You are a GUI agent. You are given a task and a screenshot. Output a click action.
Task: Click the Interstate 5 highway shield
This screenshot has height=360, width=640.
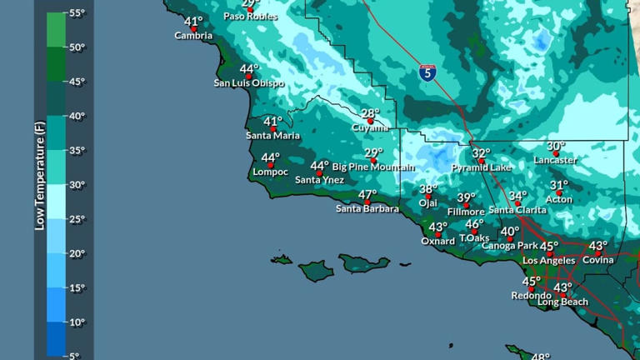[x=427, y=72]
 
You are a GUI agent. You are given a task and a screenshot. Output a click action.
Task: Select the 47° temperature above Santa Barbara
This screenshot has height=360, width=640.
[x=367, y=195]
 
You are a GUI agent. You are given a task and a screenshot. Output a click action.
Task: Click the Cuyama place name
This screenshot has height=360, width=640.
[x=370, y=127]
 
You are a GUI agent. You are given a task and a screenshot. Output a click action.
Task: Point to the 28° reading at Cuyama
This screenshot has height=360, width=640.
[x=370, y=113]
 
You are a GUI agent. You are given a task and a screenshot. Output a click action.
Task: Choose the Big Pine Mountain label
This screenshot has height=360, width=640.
[x=373, y=167]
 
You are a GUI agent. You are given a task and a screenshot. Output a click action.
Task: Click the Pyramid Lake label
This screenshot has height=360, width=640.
[x=482, y=167]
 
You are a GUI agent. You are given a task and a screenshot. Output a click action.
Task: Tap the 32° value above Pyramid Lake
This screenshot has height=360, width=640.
[x=481, y=153]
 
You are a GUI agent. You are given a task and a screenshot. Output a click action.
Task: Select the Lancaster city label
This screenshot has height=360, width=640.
[x=555, y=160]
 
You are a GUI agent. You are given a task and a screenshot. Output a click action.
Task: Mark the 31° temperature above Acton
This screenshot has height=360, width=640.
[x=558, y=185]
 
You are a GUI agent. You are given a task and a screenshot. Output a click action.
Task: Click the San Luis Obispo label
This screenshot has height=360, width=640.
[x=249, y=83]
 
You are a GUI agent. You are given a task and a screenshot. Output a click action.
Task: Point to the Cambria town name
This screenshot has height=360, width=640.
[x=193, y=36]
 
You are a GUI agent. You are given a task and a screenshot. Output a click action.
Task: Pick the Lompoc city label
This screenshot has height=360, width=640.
[x=270, y=172]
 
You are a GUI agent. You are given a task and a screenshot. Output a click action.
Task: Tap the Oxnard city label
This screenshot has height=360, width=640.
[x=437, y=242]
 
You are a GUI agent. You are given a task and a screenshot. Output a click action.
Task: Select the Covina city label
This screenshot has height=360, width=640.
[x=597, y=260]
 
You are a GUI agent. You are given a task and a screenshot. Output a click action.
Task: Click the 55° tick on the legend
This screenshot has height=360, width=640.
[x=77, y=13]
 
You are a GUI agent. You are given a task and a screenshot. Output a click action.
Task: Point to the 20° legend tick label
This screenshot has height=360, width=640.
[x=77, y=253]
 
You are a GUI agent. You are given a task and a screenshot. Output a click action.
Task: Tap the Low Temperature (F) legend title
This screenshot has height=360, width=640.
[x=39, y=171]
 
